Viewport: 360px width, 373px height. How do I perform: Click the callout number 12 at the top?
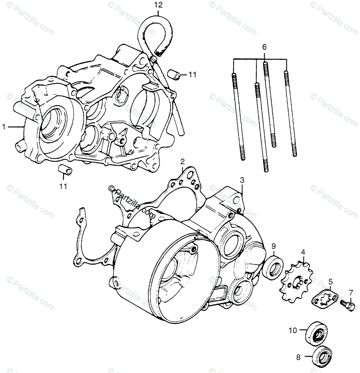(158, 5)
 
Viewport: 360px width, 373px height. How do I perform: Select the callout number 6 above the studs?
(264, 47)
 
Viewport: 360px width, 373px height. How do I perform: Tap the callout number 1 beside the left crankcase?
(4, 127)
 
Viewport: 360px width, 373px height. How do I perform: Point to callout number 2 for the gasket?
(183, 161)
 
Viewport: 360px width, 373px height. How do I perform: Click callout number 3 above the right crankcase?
(242, 180)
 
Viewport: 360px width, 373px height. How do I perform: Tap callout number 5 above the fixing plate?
(331, 282)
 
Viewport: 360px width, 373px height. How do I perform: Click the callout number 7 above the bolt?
(351, 292)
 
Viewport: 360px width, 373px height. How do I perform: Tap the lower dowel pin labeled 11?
(65, 170)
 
